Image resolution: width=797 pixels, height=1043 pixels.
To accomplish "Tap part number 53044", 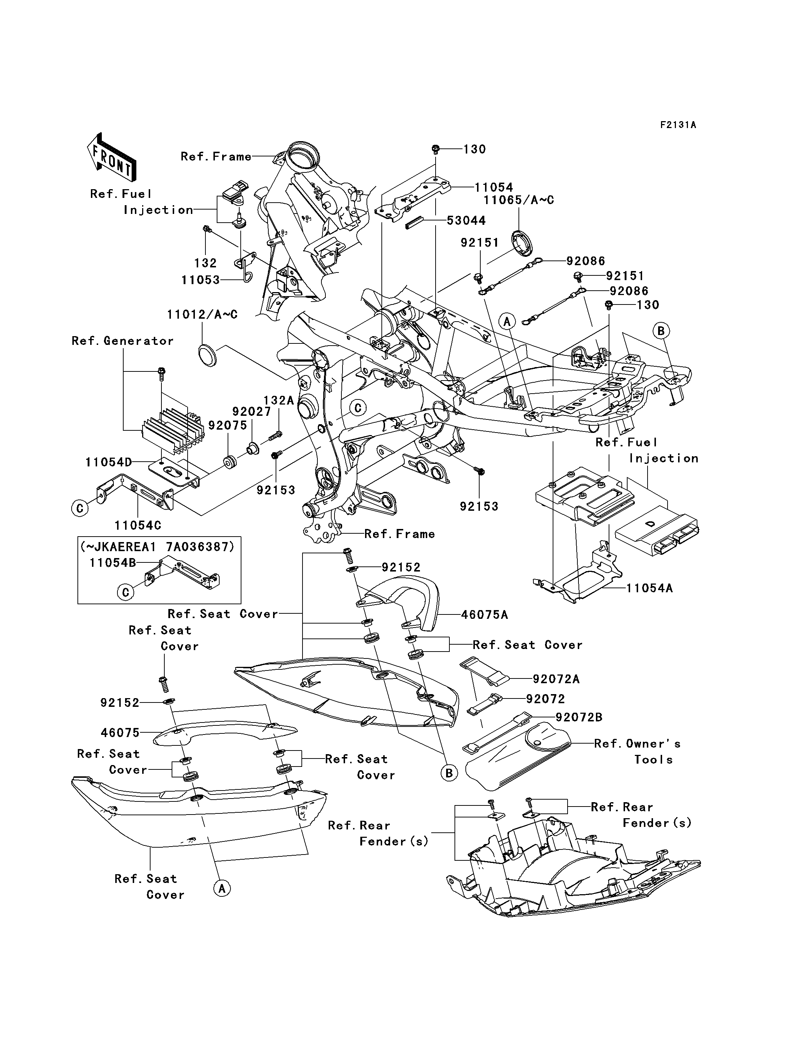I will tap(466, 220).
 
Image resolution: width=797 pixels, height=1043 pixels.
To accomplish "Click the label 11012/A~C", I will tap(202, 315).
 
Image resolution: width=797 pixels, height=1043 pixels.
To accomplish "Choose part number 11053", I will tap(201, 280).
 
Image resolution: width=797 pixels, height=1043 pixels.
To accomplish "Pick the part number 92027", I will tap(252, 411).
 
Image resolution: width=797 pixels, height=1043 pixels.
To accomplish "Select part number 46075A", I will tap(484, 615).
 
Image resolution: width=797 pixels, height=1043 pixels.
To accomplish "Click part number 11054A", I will tap(649, 588).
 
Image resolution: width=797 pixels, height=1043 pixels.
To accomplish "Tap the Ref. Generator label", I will tap(123, 341).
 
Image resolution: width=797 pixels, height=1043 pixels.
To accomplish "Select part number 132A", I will tap(279, 401).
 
